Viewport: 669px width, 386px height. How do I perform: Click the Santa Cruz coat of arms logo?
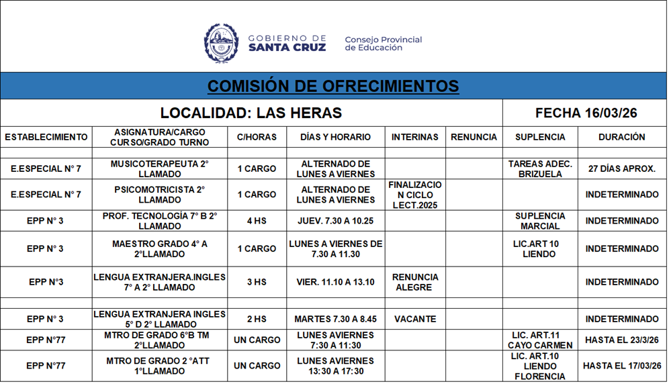[x=221, y=44]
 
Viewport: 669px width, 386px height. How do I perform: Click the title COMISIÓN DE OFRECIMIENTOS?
[x=333, y=86]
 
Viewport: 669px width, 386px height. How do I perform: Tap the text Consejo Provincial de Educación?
[x=383, y=44]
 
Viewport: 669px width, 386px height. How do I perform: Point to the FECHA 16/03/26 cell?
[x=586, y=113]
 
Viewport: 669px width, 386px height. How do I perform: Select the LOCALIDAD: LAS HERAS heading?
[x=251, y=113]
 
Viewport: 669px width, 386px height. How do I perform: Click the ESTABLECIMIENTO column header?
[x=46, y=137]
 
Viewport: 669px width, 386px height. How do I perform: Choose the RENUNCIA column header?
[x=474, y=137]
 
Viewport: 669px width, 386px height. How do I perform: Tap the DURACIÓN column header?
[x=621, y=137]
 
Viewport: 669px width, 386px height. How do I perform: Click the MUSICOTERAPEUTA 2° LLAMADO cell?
[x=160, y=168]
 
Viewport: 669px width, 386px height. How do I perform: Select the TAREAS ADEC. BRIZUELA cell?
[x=540, y=168]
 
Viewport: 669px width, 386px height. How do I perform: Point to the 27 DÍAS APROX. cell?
[x=621, y=168]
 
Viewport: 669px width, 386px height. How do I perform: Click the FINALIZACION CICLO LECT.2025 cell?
[x=415, y=195]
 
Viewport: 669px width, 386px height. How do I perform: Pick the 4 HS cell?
[x=257, y=221]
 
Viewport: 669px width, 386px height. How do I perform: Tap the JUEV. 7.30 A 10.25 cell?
[x=335, y=221]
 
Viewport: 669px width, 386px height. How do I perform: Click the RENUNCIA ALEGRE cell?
[x=415, y=282]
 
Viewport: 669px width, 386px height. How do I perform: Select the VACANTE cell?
[x=415, y=320]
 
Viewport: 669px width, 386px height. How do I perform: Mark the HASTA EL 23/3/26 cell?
[x=621, y=340]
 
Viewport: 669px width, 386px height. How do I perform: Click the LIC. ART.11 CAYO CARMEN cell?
[x=540, y=340]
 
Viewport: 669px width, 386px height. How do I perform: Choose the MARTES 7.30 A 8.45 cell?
[x=335, y=320]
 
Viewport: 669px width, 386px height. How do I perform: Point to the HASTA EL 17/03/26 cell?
[x=621, y=366]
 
